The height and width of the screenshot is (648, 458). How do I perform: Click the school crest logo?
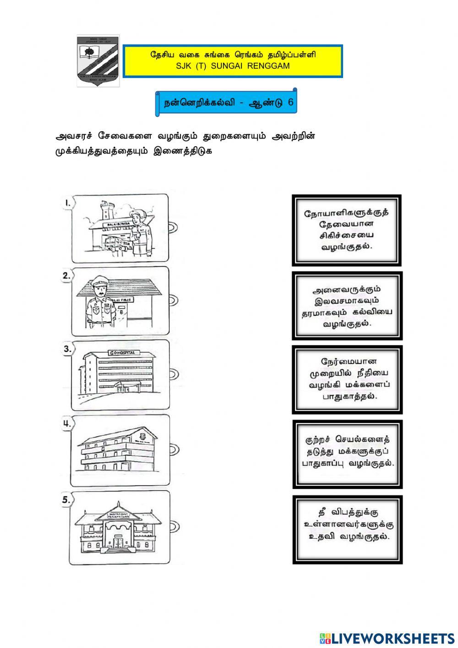click(98, 61)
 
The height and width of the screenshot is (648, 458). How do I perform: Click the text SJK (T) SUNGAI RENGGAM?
click(233, 66)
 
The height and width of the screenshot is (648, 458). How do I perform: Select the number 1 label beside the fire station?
click(67, 202)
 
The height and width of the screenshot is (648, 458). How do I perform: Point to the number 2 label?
click(67, 275)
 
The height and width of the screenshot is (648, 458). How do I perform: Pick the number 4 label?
click(67, 424)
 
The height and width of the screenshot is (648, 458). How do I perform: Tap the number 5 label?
click(67, 500)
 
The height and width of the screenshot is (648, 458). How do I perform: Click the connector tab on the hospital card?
click(173, 374)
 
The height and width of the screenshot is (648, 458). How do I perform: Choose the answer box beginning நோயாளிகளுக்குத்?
click(347, 230)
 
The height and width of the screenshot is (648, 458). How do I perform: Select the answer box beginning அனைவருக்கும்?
click(347, 305)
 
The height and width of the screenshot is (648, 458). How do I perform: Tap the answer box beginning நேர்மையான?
click(347, 379)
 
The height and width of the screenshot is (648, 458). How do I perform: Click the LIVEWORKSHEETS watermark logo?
click(387, 638)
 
